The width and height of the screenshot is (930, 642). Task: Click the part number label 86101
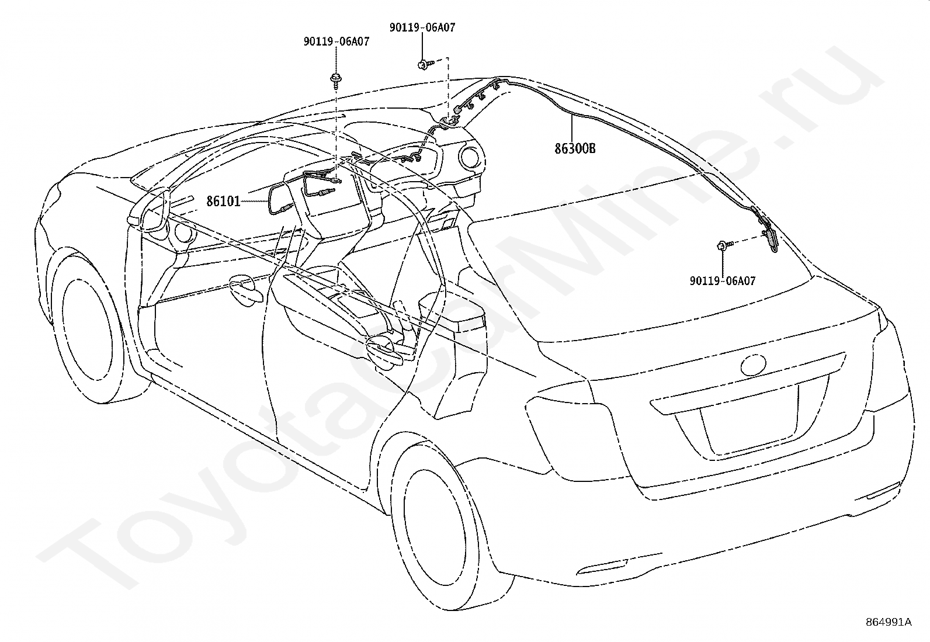(223, 202)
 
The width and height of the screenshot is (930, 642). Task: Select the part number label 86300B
(575, 148)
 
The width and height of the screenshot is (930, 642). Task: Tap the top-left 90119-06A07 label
(336, 42)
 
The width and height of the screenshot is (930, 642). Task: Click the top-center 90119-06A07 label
(422, 27)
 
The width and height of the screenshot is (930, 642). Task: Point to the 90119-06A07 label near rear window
(722, 281)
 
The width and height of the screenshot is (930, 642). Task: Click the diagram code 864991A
(889, 622)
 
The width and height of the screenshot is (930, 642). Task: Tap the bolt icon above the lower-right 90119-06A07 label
(723, 245)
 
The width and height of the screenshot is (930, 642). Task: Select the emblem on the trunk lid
(754, 366)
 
